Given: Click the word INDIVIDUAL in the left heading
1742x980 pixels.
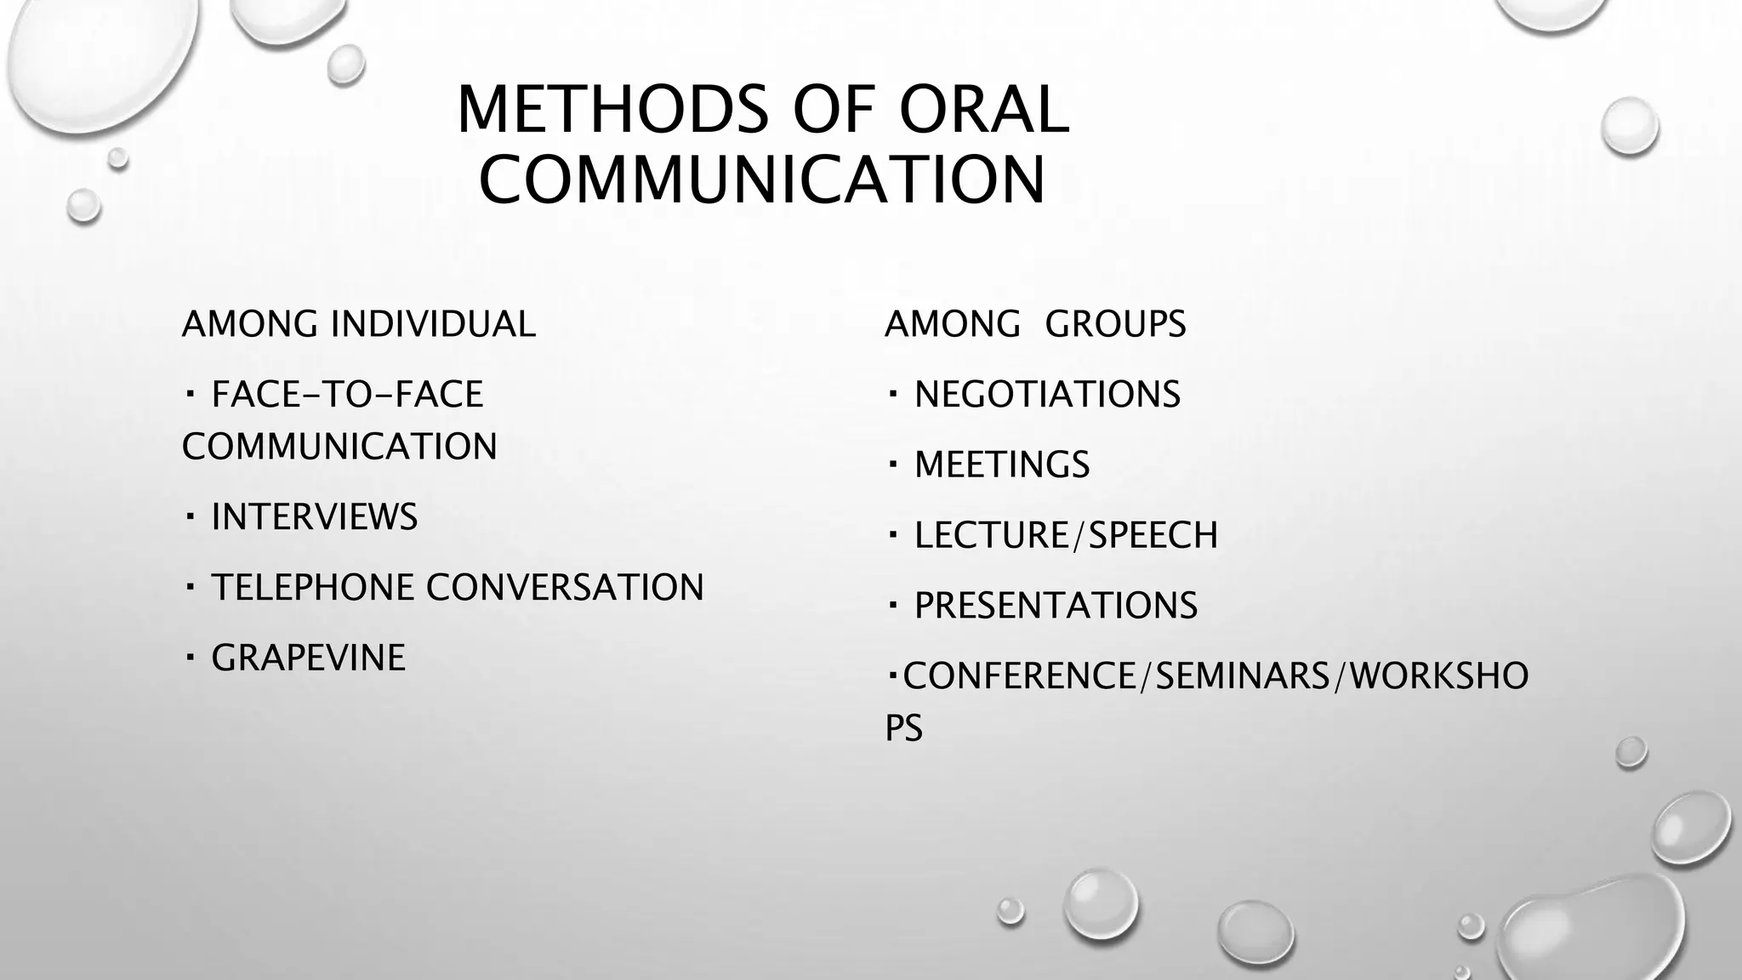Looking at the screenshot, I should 433,324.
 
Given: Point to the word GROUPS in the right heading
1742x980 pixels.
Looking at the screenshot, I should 1115,324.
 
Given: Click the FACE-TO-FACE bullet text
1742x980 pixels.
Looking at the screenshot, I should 347,395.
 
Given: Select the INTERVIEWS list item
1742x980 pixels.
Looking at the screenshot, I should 315,517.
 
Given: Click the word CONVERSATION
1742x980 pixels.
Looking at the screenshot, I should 565,588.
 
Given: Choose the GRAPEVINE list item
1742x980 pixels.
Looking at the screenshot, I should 308,658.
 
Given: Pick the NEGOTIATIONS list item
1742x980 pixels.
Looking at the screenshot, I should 1047,395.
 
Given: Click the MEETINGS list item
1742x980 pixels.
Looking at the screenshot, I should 1002,465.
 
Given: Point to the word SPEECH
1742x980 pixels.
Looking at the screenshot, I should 1153,536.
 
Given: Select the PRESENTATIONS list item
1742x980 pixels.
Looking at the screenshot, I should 1056,606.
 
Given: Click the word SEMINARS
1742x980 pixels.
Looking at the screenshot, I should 1243,676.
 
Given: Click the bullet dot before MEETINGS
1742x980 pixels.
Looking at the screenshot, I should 892,464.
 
